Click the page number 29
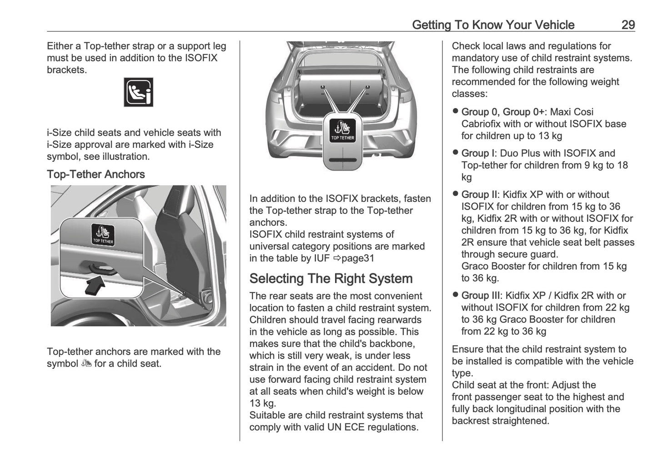coord(628,25)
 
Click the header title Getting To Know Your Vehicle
coord(493,25)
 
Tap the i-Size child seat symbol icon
coord(138,92)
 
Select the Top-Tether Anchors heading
coord(95,174)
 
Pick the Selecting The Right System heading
coord(331,278)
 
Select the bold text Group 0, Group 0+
coord(502,112)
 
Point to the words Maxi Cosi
coord(572,112)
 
